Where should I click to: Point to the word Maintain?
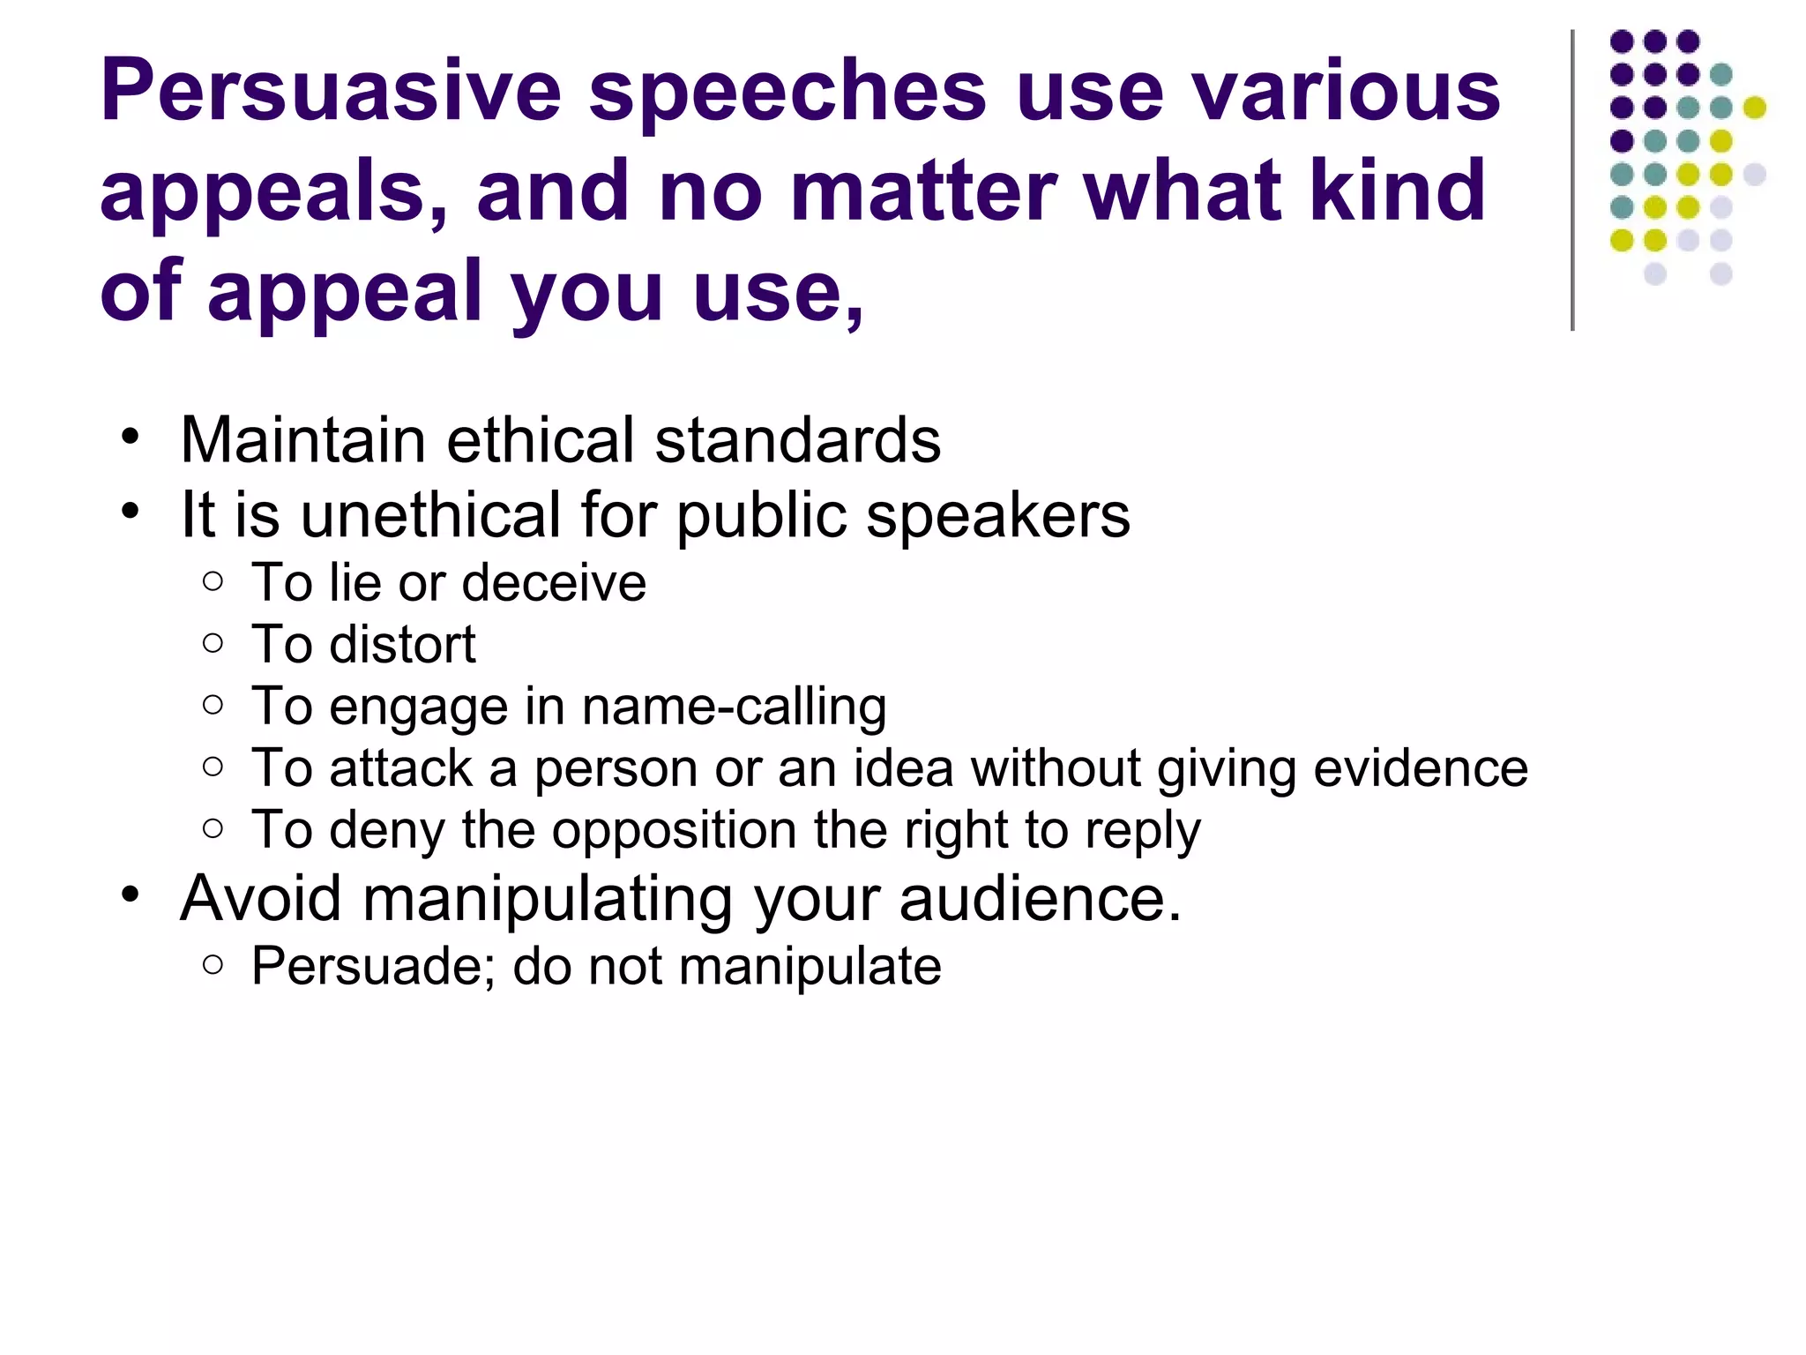(x=302, y=439)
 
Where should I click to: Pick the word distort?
(x=402, y=645)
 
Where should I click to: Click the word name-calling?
(x=734, y=707)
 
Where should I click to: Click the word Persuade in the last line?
(x=367, y=966)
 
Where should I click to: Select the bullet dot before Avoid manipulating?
(x=131, y=895)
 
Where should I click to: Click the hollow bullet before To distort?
(x=213, y=643)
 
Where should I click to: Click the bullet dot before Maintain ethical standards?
(x=131, y=437)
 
